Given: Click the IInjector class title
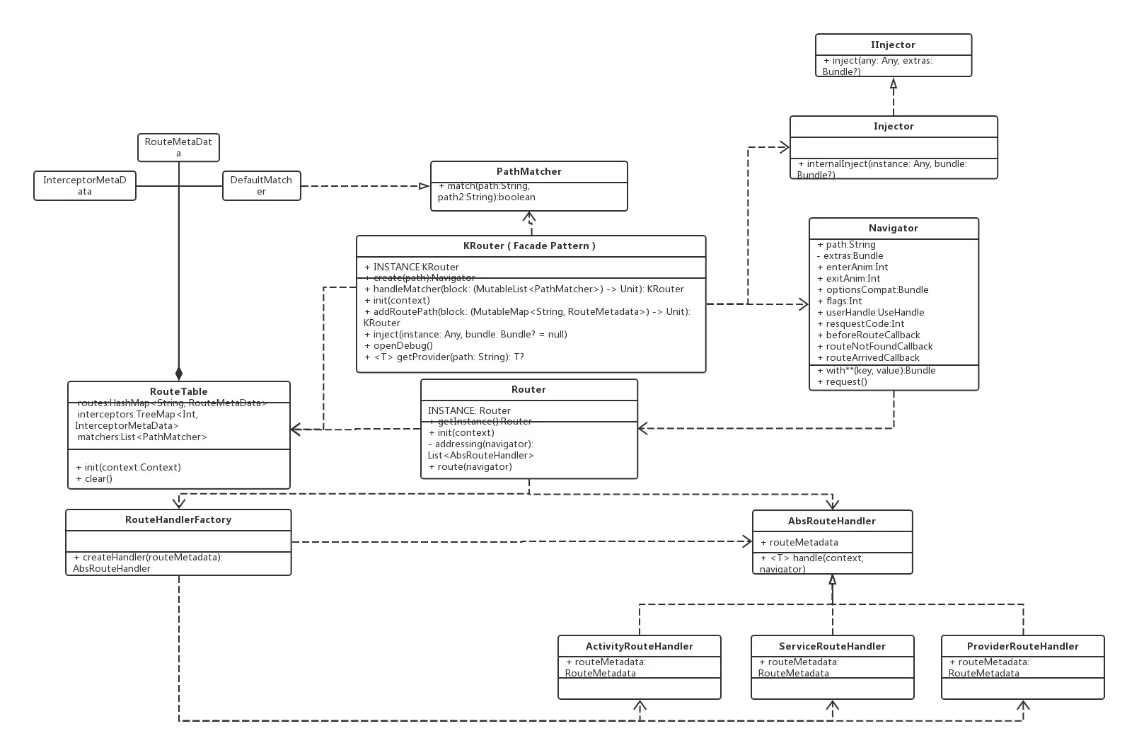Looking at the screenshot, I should (x=893, y=45).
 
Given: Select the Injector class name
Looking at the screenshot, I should (x=893, y=126).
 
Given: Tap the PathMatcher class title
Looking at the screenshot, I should (x=528, y=171).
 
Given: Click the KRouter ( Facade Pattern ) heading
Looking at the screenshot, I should (x=529, y=246).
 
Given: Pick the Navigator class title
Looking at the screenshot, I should (x=893, y=228).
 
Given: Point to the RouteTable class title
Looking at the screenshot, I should (x=178, y=391).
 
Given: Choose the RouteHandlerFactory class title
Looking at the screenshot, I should (x=178, y=519).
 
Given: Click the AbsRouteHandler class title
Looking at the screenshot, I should (x=831, y=521).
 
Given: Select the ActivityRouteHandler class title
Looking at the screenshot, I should (x=639, y=646).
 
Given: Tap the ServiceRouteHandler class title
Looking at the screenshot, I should (x=831, y=646).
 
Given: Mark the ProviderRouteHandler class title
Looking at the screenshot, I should (x=1022, y=646).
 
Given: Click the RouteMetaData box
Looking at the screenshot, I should (x=178, y=147).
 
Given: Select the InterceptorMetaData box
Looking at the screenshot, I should (x=85, y=185).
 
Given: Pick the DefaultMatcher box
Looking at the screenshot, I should (x=261, y=185).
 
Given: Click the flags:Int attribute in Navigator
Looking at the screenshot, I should (x=839, y=301).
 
